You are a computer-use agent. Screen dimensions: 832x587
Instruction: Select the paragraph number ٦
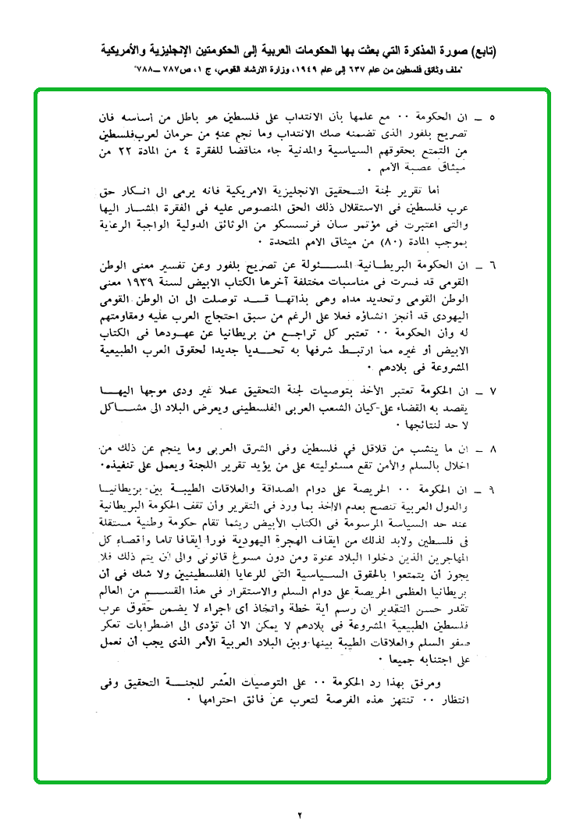(491, 265)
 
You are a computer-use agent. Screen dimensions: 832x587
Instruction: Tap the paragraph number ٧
(491, 391)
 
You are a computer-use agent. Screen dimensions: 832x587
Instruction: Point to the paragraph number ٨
(491, 450)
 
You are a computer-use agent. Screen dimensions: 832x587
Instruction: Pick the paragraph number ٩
(491, 489)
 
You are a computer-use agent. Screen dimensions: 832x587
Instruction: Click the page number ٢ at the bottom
(300, 816)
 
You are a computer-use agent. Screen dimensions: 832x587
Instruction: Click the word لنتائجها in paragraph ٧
(436, 425)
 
